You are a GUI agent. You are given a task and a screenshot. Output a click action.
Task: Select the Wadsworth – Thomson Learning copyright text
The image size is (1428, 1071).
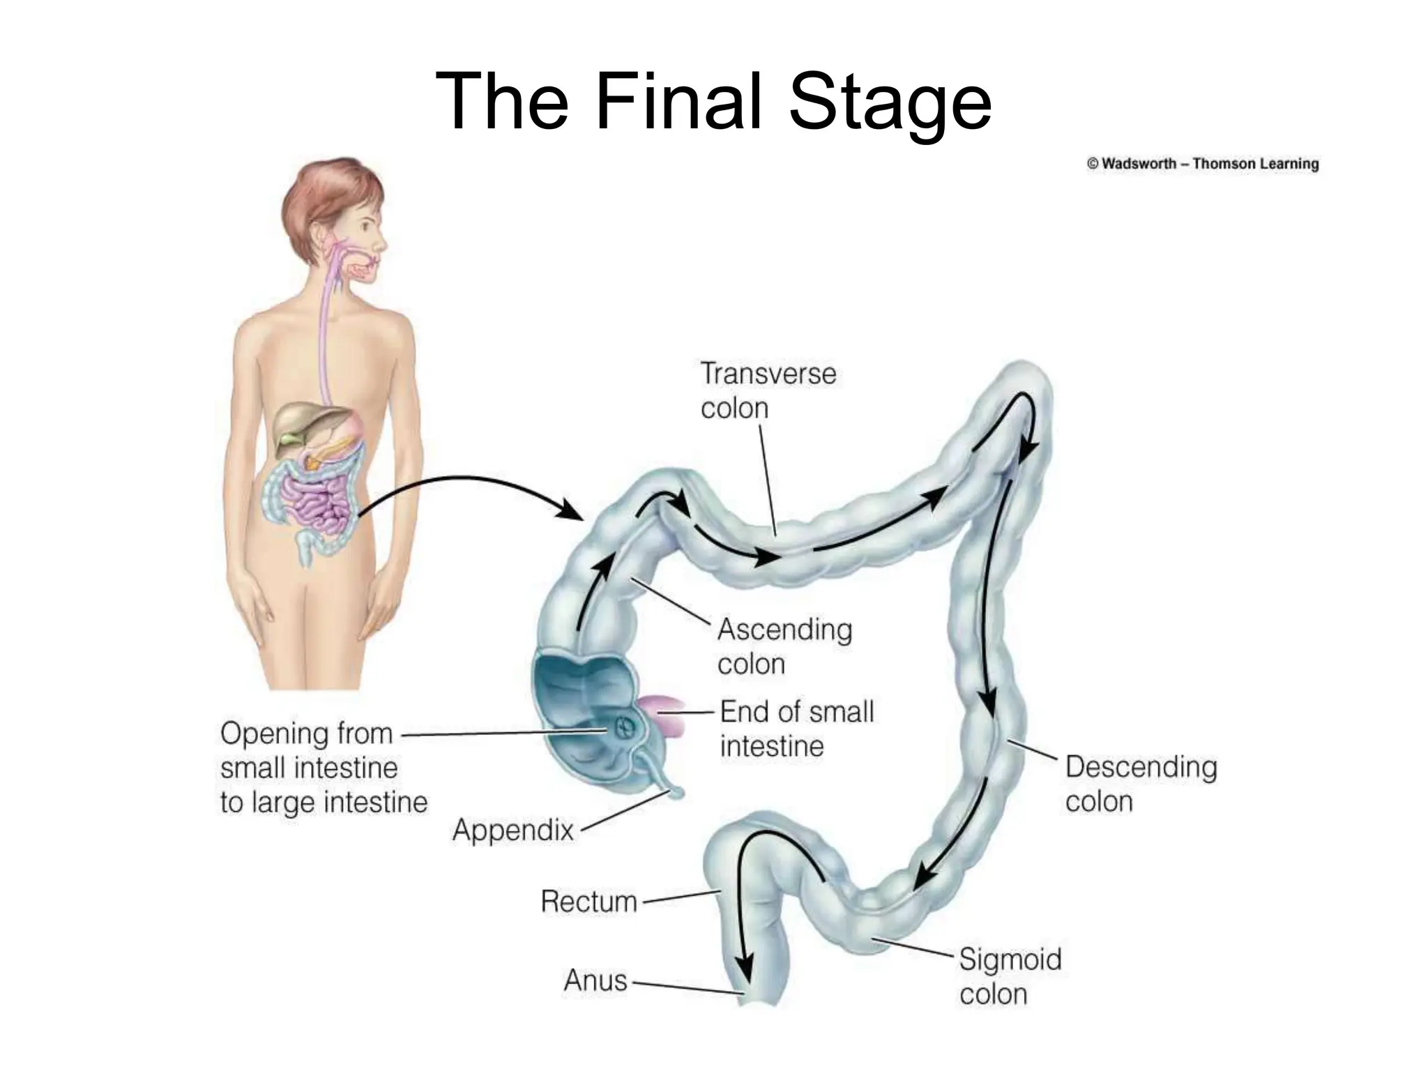click(x=1202, y=164)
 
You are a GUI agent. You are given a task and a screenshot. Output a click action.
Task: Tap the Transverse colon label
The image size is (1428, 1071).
click(x=768, y=390)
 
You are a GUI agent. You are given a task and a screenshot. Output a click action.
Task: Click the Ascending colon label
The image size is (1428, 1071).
click(x=784, y=646)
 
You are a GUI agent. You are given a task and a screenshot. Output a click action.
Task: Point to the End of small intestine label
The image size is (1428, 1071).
click(x=796, y=729)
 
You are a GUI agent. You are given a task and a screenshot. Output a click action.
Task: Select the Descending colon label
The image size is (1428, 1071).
click(x=1141, y=784)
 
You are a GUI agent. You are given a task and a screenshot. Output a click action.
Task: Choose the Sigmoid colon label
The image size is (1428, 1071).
click(x=1010, y=976)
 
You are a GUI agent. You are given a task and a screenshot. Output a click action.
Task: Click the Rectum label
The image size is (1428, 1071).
click(x=589, y=902)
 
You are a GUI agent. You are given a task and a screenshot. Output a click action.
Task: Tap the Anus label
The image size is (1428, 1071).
click(x=595, y=980)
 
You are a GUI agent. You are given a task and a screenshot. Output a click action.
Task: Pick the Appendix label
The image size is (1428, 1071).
click(x=512, y=830)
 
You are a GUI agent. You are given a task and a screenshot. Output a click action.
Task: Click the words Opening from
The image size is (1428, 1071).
click(x=306, y=734)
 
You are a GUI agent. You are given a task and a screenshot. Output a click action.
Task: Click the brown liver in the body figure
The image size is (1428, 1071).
click(x=300, y=423)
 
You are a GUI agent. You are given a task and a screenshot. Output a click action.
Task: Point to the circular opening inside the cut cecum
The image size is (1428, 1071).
click(x=623, y=728)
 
